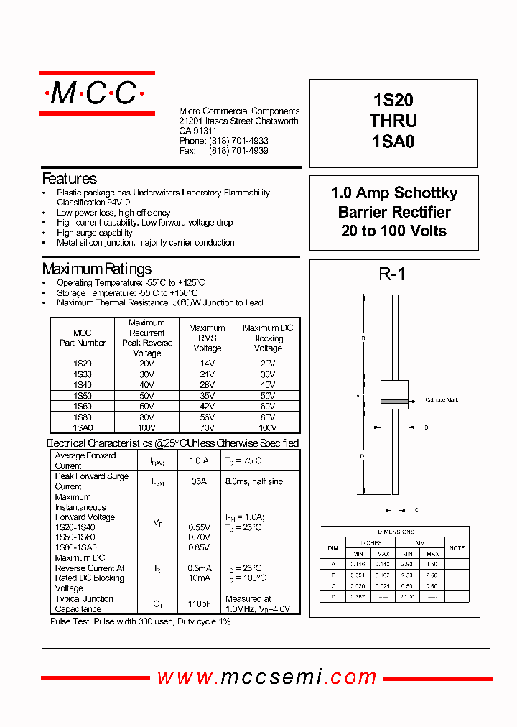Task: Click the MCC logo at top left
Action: tap(96, 93)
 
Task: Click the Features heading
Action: tap(70, 179)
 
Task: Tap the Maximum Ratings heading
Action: tap(97, 269)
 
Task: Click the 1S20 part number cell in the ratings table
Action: tap(83, 364)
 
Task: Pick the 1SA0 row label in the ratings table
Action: tap(83, 427)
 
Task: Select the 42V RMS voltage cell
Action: tap(207, 407)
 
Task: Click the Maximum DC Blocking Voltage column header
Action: tap(268, 338)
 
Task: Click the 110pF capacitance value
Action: tap(199, 604)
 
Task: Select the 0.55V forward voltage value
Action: tap(199, 527)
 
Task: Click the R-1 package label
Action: tap(392, 274)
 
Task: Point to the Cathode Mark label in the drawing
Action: tap(442, 399)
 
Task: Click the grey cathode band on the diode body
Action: tap(394, 401)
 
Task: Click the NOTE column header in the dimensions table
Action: tap(457, 547)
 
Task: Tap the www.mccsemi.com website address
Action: tap(267, 677)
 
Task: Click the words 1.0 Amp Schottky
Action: tap(393, 193)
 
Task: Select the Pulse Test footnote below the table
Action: tap(141, 621)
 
